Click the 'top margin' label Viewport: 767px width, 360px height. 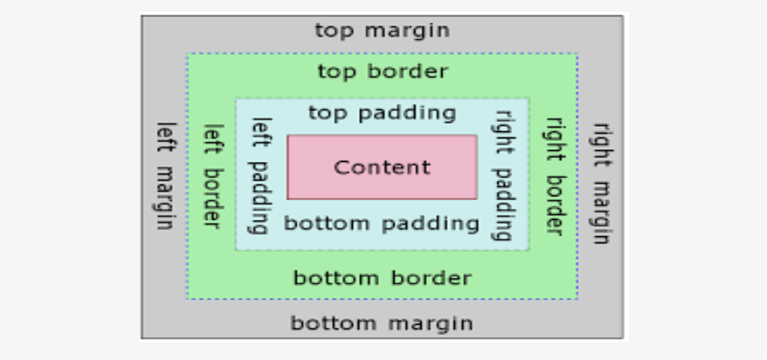coord(382,30)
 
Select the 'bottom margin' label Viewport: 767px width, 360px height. coord(382,323)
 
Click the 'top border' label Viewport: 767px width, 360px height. coord(382,71)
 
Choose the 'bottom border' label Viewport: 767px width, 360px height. coord(382,278)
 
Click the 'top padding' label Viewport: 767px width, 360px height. coord(382,113)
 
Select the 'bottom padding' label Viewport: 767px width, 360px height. coord(382,223)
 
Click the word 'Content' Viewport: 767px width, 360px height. coord(382,167)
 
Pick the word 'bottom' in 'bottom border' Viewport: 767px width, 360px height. coord(328,278)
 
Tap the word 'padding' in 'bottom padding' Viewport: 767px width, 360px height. coord(440,223)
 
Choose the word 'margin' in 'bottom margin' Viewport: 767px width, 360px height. coord(438,323)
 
